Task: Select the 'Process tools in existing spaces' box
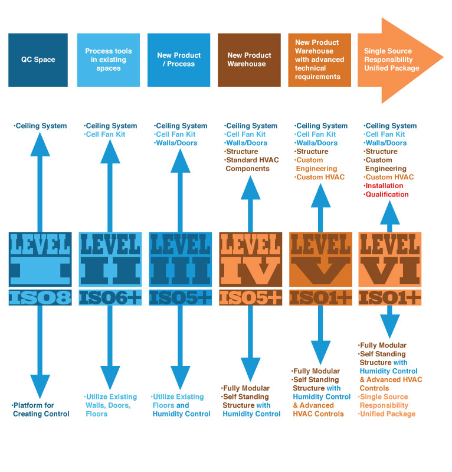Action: coord(109,60)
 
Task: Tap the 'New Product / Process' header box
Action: coord(178,60)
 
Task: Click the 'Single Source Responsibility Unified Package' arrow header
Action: coord(393,60)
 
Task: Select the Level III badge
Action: coord(179,260)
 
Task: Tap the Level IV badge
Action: coord(250,260)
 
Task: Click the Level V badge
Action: coord(320,260)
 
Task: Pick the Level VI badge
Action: coord(390,260)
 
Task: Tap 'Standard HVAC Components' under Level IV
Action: coord(248,165)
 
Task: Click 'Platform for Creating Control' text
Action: coord(41,409)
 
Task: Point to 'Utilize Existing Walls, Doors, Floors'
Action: coord(111,405)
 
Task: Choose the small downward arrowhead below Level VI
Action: coord(390,324)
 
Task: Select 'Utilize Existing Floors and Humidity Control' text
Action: coord(181,405)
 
